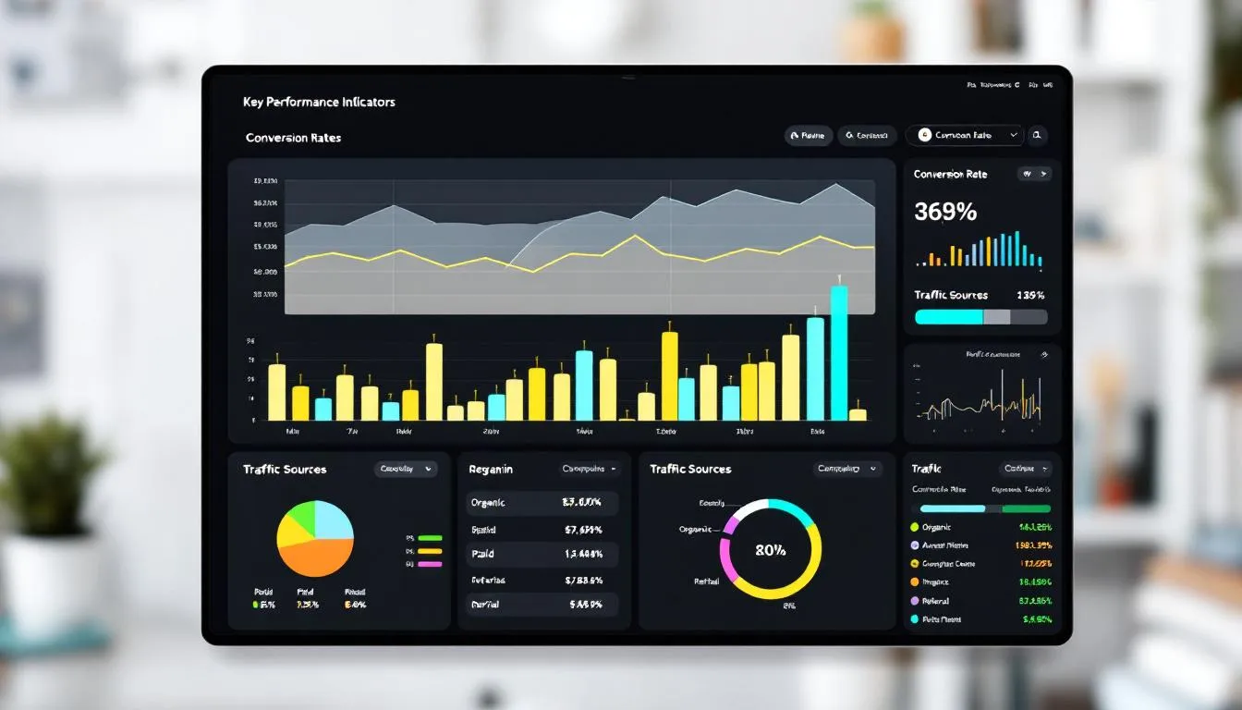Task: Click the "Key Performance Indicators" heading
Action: coord(319,102)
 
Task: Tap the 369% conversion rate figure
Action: coord(944,212)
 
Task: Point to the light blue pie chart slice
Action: coord(334,520)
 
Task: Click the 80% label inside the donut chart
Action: coord(770,550)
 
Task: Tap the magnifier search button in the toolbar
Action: coord(1038,136)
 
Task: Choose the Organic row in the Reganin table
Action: coord(542,503)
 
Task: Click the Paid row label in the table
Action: coord(483,554)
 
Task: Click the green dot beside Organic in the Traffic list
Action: coord(915,527)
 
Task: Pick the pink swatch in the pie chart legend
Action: coord(430,563)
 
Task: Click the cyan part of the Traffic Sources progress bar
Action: coord(948,317)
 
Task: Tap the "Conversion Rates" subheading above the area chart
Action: coord(293,138)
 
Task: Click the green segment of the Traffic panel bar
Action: coord(1026,508)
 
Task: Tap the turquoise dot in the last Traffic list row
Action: coord(915,619)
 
